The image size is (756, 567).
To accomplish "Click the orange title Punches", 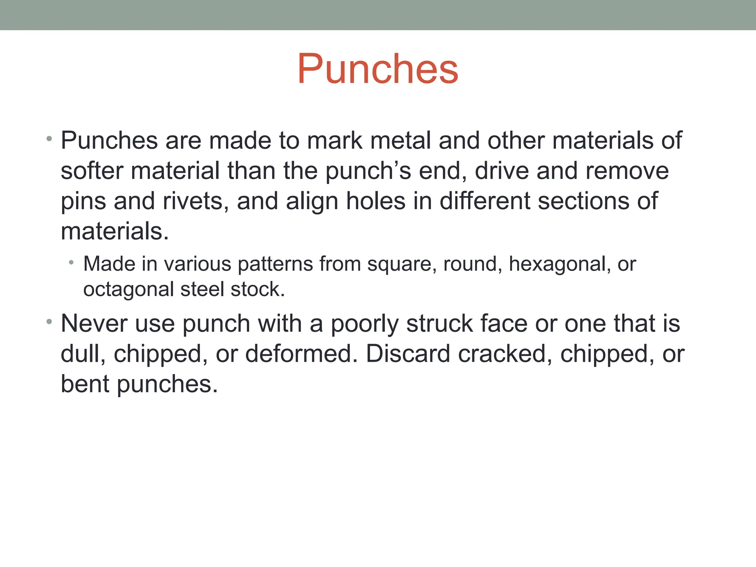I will click(378, 69).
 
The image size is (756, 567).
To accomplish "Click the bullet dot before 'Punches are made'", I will click(49, 139).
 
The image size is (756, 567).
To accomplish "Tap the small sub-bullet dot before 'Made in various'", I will click(71, 263).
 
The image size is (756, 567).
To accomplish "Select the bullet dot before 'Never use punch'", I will click(49, 322).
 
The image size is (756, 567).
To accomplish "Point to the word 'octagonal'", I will click(128, 290).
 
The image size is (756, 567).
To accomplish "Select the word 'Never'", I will click(94, 323).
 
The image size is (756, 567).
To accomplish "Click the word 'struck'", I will click(439, 323).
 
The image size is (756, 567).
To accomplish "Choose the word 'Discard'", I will click(408, 354).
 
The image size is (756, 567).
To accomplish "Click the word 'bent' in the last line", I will click(85, 384).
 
